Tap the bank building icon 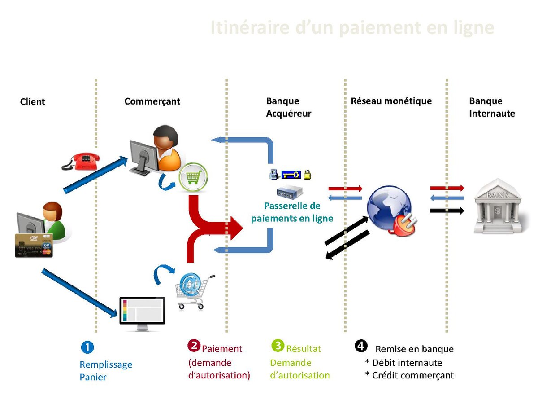(x=497, y=206)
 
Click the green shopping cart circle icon (x=193, y=178)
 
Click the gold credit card (x=34, y=245)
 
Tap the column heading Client (x=33, y=101)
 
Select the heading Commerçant (x=152, y=101)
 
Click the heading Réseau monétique (x=391, y=101)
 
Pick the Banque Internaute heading (x=492, y=107)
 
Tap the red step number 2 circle (x=194, y=346)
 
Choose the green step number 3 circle (x=278, y=346)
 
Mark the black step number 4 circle (x=361, y=346)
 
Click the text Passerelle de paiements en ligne (x=292, y=212)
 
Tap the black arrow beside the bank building (x=447, y=210)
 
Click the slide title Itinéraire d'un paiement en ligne (x=352, y=28)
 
